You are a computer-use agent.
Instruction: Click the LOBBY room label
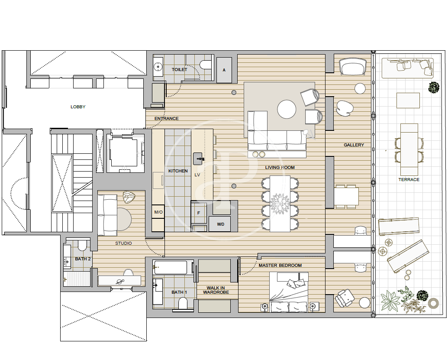coord(78,107)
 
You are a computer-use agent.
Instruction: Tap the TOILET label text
coord(180,69)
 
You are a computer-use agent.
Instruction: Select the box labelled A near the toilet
coord(224,70)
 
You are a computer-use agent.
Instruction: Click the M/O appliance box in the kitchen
coord(158,212)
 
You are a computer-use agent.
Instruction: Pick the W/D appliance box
coord(220,224)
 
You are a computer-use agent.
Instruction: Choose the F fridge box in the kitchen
coord(199,213)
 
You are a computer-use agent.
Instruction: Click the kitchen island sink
coord(199,159)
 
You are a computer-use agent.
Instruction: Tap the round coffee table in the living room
coord(287,109)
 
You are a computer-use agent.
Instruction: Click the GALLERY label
coord(354,145)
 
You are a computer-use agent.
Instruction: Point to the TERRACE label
coord(409,180)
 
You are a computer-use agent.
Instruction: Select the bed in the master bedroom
coord(289,292)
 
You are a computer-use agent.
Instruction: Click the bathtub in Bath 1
coord(171,267)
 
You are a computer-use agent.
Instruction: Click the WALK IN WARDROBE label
coord(216,290)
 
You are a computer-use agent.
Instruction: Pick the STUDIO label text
coord(123,243)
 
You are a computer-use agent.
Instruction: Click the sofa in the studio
coord(107,215)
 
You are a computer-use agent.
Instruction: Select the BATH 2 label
coord(83,259)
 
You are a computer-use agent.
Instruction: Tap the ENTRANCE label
coord(167,118)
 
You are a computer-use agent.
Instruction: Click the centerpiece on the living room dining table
coord(280,203)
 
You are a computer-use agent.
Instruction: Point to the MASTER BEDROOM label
coord(280,266)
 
